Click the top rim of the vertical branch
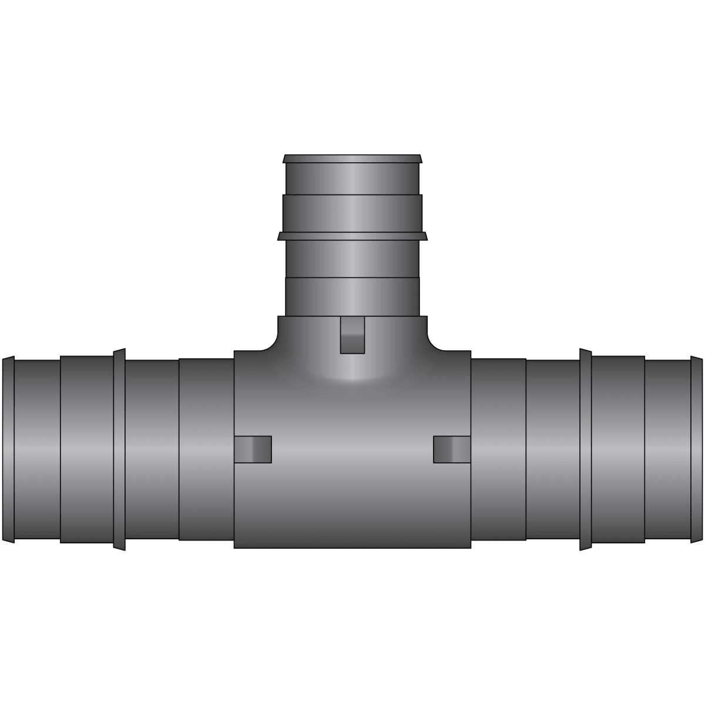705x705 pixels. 352,159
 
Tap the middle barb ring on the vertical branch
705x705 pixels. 352,236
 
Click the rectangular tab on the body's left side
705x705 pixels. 253,449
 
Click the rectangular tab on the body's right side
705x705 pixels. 452,449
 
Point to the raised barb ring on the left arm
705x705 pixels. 119,449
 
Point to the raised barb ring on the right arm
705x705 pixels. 585,449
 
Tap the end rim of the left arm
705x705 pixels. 8,449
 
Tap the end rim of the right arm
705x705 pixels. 697,449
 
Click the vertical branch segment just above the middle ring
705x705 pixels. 352,213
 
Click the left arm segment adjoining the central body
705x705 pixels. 206,449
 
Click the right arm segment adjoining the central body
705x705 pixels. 498,449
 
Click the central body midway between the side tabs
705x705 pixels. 352,449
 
